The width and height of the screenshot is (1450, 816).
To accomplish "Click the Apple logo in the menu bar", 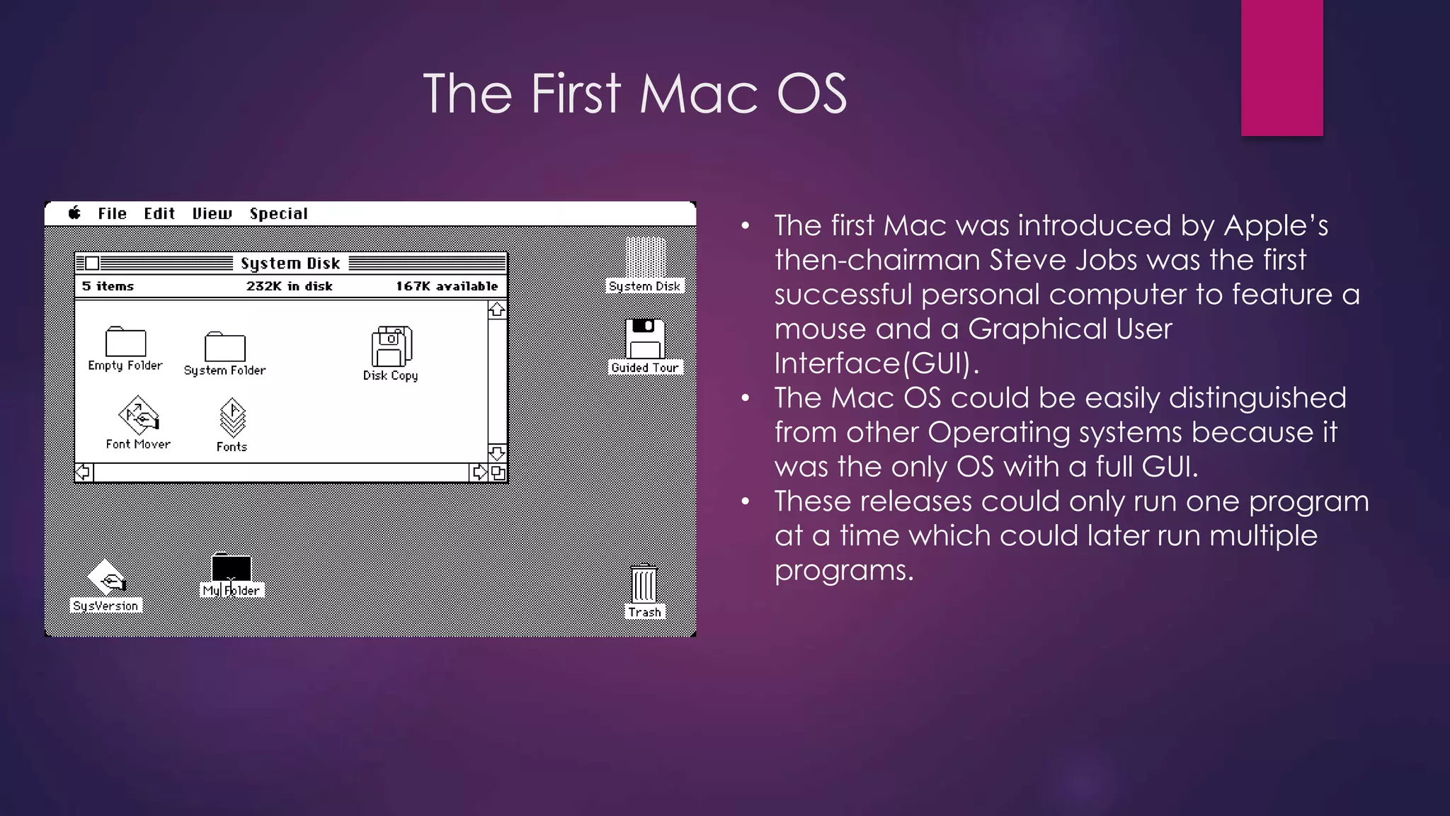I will pos(74,213).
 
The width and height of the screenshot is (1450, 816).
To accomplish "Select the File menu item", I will pos(112,214).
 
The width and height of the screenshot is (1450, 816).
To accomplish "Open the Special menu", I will pos(278,214).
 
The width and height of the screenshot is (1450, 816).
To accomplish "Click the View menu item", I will pos(212,214).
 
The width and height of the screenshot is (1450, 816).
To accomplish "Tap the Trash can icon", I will pos(644,584).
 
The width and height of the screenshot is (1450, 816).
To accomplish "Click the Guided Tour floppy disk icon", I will pos(644,339).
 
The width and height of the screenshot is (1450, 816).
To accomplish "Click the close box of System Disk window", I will pos(92,263).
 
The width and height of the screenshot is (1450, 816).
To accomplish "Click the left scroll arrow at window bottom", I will pos(84,472).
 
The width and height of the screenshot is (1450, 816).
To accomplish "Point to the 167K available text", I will pos(447,286).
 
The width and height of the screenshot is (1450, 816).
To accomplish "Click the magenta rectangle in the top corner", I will pos(1281,67).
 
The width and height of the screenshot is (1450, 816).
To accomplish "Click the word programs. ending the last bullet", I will pos(843,570).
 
